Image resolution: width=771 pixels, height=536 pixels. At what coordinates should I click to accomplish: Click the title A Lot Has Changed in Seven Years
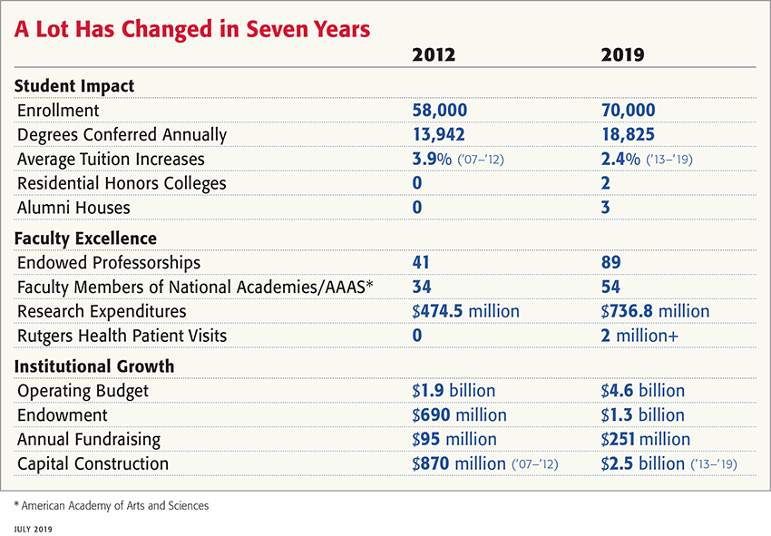pos(192,29)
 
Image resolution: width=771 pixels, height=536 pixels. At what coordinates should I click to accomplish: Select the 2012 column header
pos(434,55)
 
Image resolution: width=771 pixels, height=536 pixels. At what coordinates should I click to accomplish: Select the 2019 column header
pos(622,55)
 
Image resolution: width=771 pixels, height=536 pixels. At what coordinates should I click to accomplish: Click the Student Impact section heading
pos(74,86)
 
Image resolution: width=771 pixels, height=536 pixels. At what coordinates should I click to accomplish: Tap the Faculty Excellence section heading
pos(85,239)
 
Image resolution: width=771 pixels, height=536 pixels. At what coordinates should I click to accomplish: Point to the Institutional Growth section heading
pos(94,366)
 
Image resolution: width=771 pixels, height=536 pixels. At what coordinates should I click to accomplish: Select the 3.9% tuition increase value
pos(432,160)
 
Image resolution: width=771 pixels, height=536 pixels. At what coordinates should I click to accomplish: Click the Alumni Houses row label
pos(73,208)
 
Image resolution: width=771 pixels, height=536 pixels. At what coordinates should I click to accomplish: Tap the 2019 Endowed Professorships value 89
pos(610,263)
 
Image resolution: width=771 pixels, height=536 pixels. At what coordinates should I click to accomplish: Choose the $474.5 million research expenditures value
pos(465,312)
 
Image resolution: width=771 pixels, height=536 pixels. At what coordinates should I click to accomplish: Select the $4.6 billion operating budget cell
pos(642,391)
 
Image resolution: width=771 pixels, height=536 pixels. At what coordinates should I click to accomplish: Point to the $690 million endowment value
pos(459,415)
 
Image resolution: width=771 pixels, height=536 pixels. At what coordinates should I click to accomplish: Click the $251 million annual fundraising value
pos(645,440)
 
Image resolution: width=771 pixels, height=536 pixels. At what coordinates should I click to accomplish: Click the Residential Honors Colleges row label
pos(122,184)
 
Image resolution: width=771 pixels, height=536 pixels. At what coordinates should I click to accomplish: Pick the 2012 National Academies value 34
pos(422,287)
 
